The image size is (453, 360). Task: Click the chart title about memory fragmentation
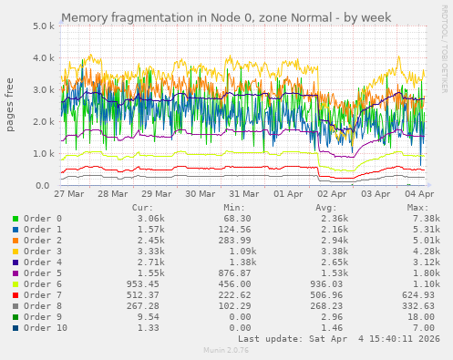tap(226, 17)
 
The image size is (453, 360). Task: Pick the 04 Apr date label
tap(419, 195)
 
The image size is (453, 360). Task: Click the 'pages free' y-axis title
tap(10, 106)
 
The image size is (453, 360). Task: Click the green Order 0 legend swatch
tap(15, 219)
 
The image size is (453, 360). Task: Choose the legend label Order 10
tap(46, 326)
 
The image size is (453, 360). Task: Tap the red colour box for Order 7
tap(15, 294)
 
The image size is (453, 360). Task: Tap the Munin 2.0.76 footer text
tap(226, 350)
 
